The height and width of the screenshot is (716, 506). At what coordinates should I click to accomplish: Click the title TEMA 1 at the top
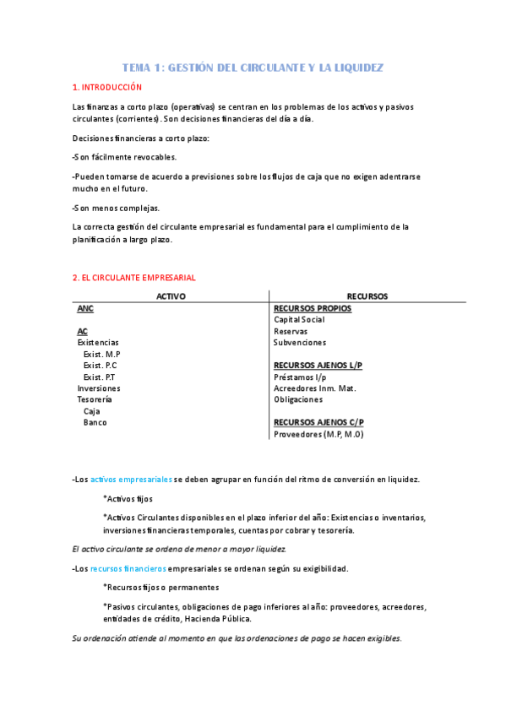(x=253, y=67)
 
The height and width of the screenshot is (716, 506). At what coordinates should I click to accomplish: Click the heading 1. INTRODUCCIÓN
(x=107, y=87)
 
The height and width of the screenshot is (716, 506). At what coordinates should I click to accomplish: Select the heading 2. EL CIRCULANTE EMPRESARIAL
(x=133, y=277)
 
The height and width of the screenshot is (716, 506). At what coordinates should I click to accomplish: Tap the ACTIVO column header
(x=171, y=296)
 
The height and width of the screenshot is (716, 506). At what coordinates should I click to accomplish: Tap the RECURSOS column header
(x=367, y=296)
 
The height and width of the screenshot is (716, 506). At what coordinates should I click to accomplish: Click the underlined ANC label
(x=85, y=308)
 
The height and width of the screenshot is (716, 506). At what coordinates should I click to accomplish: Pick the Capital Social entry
(x=299, y=320)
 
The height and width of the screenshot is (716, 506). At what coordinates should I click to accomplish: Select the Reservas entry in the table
(x=290, y=332)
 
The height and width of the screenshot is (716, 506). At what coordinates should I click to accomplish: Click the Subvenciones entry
(x=299, y=343)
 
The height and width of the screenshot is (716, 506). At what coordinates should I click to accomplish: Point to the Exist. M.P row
(x=101, y=354)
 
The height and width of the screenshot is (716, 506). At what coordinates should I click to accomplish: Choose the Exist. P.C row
(x=101, y=366)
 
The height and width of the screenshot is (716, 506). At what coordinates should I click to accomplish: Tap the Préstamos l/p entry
(x=300, y=377)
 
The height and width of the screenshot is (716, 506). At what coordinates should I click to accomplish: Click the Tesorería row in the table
(x=94, y=399)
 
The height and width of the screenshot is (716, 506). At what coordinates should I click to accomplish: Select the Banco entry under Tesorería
(x=95, y=422)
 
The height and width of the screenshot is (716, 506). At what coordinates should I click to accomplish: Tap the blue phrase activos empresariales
(x=131, y=479)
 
